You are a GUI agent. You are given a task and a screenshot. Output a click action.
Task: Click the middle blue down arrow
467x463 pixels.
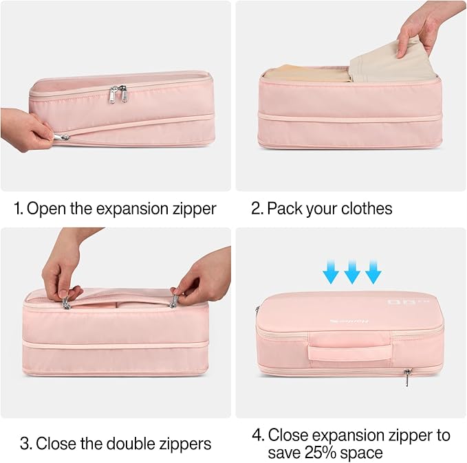point(352,275)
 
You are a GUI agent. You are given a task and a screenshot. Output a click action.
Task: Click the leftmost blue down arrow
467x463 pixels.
point(332,275)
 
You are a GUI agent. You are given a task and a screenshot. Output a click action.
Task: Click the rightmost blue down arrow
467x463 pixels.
point(373,275)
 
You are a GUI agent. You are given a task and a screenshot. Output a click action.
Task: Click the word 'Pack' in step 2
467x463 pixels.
point(284,209)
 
